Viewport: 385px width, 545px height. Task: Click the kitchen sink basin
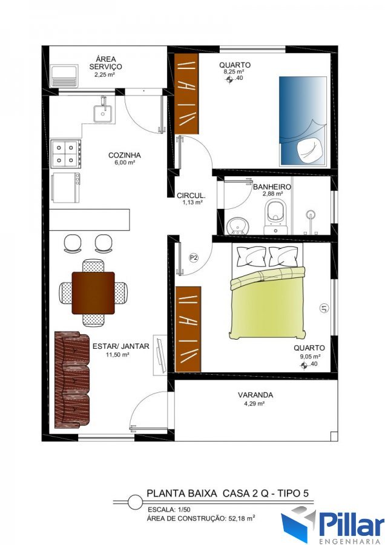click(x=102, y=113)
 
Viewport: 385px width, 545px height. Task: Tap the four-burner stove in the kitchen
click(x=65, y=153)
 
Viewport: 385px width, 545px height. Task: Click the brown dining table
click(x=93, y=293)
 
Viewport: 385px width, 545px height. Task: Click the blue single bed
click(x=303, y=121)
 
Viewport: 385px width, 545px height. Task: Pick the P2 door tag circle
click(x=194, y=257)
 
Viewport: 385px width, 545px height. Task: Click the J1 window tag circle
click(x=323, y=308)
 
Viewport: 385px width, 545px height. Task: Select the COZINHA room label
click(x=124, y=155)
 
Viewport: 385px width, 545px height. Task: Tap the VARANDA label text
click(x=255, y=395)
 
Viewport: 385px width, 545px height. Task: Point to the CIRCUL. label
click(x=191, y=196)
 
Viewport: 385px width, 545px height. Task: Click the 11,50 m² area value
click(x=118, y=354)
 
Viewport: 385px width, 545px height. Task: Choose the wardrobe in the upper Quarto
click(x=186, y=93)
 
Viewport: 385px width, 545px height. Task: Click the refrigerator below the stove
click(x=65, y=187)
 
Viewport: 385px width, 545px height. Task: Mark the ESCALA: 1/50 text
click(x=169, y=509)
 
